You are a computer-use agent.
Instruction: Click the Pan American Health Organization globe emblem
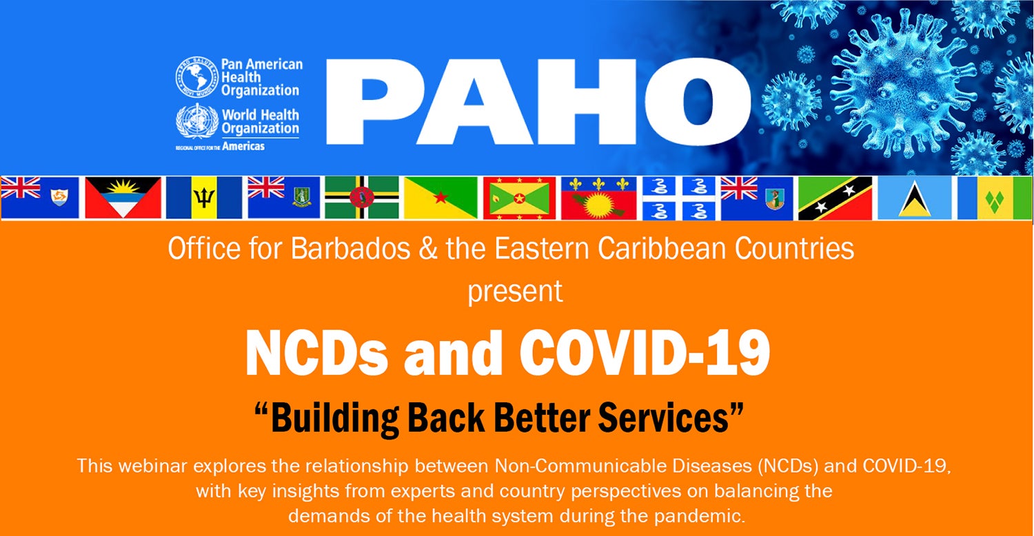196,77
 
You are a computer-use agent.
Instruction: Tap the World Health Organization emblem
197,121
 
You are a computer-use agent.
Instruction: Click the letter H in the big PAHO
587,101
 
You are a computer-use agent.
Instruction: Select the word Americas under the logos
243,146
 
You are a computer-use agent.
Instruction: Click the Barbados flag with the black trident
204,198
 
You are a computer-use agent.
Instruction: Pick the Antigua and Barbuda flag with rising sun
123,198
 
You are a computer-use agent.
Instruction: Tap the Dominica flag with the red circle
362,198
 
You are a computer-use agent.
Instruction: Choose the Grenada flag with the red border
519,198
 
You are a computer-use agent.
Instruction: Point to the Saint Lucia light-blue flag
915,198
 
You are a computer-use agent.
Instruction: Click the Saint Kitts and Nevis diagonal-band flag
835,198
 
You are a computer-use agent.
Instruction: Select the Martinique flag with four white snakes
679,198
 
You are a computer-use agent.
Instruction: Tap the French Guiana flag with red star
441,198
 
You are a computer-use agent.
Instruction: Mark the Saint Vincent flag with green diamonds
995,198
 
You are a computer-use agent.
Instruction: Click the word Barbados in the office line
351,249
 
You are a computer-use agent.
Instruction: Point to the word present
515,291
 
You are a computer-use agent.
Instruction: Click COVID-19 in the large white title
645,353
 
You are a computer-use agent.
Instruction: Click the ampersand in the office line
428,249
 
